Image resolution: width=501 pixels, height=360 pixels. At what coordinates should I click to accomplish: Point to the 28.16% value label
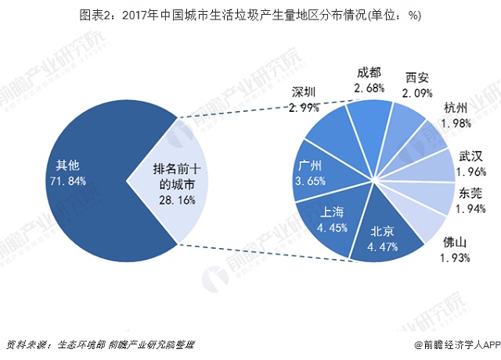tap(178, 200)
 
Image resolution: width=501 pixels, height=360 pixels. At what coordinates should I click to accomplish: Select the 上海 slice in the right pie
tap(329, 223)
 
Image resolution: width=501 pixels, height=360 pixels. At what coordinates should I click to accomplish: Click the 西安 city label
tap(417, 78)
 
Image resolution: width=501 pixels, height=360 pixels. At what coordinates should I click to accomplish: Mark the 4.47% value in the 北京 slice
tap(383, 248)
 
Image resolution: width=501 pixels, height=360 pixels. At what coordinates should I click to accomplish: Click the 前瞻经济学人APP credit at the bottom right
tap(455, 344)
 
